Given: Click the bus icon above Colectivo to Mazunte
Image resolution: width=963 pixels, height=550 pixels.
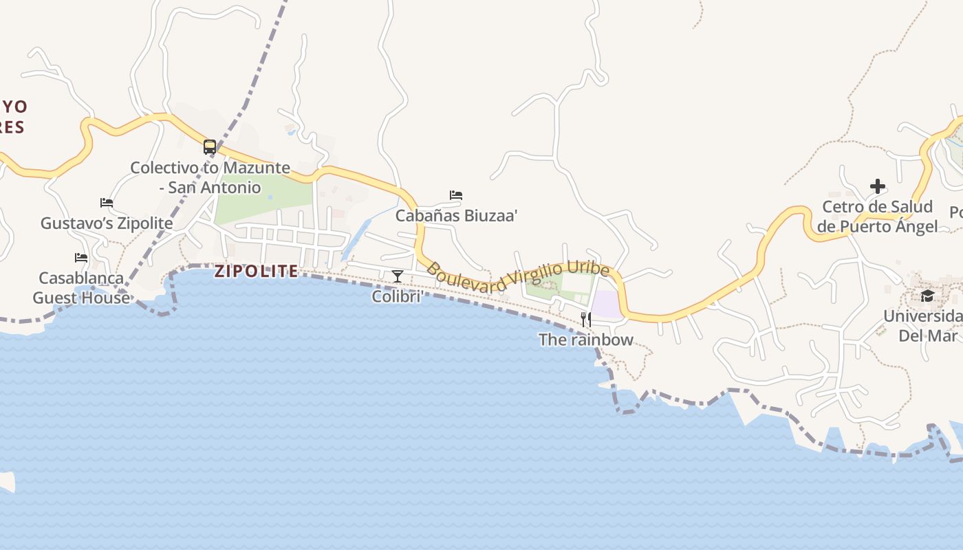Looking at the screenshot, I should [210, 147].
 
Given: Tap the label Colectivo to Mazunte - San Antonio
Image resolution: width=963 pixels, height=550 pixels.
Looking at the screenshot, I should [210, 177].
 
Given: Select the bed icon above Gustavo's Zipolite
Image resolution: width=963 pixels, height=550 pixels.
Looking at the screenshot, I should [107, 203].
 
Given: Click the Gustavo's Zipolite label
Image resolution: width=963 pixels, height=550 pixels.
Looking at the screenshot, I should [107, 223].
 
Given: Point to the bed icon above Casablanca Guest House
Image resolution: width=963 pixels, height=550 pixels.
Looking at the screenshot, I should [81, 258].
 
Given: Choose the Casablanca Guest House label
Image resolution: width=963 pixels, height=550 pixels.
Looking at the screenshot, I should [81, 288].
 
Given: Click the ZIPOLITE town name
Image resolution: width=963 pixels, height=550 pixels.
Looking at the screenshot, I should [257, 271].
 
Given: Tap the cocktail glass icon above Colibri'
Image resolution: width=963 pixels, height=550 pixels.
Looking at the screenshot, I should [398, 276].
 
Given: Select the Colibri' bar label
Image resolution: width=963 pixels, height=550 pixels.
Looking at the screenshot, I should [397, 296].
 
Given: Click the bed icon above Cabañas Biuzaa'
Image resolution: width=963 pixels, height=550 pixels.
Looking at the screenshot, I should [456, 195].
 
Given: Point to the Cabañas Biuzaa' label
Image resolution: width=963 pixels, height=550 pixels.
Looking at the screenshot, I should [456, 215].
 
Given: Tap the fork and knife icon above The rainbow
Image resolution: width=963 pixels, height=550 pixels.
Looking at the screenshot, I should [586, 319].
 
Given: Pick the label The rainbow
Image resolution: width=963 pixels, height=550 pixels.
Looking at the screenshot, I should [585, 340].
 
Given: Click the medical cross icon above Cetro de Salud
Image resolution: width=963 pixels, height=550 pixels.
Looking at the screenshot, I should [877, 186].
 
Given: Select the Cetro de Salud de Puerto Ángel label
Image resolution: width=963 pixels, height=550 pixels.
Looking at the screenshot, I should [877, 217].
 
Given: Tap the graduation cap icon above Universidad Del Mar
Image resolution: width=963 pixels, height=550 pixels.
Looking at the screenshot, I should [927, 296].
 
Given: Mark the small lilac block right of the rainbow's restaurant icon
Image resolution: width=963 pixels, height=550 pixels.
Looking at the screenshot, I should [606, 305].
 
